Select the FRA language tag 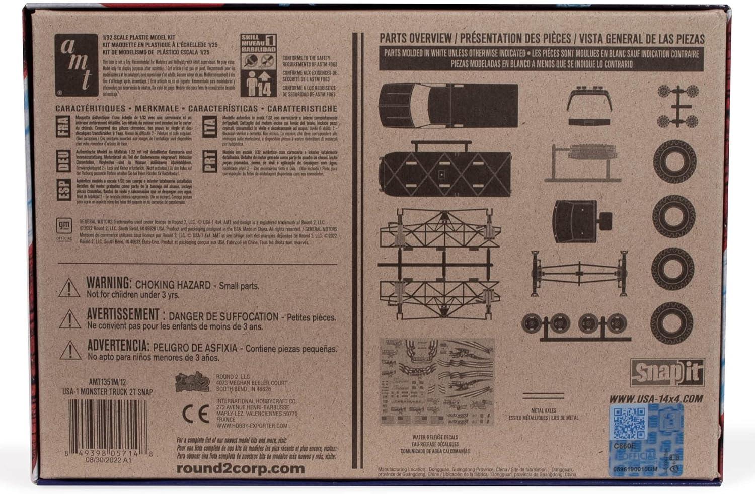(x=63, y=126)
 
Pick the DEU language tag (x=63, y=159)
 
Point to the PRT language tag (x=209, y=161)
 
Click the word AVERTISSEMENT (x=123, y=315)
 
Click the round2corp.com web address (x=241, y=468)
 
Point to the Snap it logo (x=667, y=373)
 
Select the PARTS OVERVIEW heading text (x=415, y=38)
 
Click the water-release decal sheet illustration (x=437, y=382)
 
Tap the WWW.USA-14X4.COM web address (x=656, y=399)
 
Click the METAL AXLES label (x=543, y=411)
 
